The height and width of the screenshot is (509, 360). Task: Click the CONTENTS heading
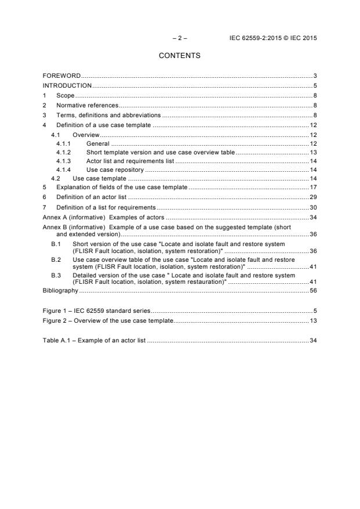[179, 56]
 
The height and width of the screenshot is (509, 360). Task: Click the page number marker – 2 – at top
[179, 38]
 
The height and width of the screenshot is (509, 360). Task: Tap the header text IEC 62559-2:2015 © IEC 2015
[273, 38]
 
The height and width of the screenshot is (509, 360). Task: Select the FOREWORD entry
[62, 76]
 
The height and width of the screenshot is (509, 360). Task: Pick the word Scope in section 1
[66, 95]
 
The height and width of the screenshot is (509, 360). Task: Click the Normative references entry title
[87, 106]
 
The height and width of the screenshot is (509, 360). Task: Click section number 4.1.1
[63, 143]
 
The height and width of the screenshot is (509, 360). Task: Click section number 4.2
[56, 179]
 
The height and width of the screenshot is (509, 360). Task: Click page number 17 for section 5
[313, 187]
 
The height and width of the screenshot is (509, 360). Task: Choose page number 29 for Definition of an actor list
[313, 197]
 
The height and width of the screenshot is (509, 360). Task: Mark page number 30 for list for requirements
[313, 207]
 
